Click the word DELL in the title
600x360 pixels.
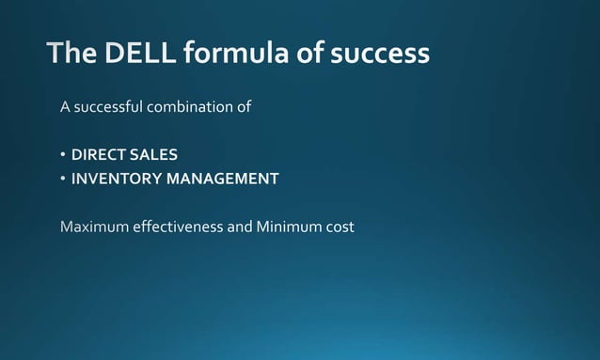point(134,54)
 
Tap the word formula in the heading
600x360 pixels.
point(228,54)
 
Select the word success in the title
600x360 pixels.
point(379,54)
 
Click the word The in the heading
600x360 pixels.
point(70,54)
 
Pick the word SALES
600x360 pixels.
point(154,154)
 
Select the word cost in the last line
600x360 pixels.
point(339,227)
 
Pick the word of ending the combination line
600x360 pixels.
point(244,107)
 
